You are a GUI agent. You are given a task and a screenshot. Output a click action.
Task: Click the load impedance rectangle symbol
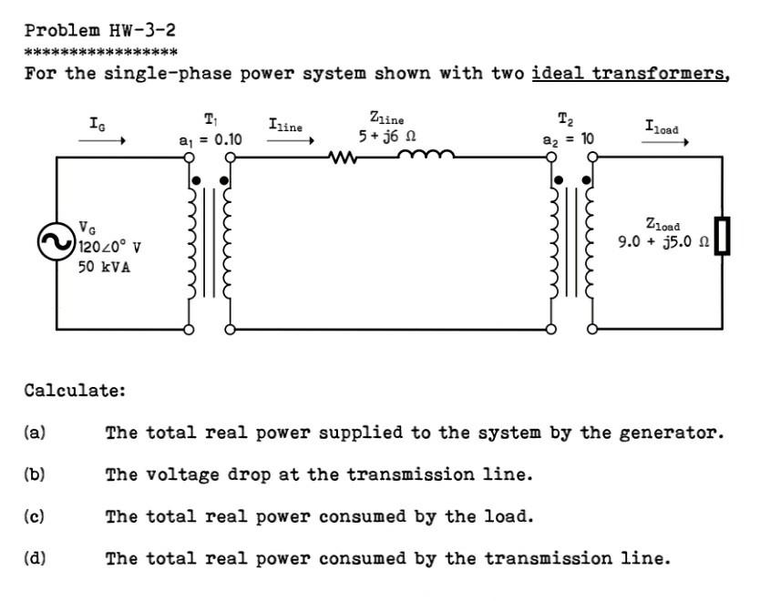(723, 236)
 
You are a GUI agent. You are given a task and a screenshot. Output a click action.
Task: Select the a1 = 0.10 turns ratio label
(211, 139)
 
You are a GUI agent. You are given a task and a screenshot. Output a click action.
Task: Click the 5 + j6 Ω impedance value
(387, 135)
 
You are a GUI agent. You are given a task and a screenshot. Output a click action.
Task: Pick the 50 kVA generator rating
(104, 267)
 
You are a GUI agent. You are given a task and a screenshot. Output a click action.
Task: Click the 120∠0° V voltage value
(110, 247)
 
